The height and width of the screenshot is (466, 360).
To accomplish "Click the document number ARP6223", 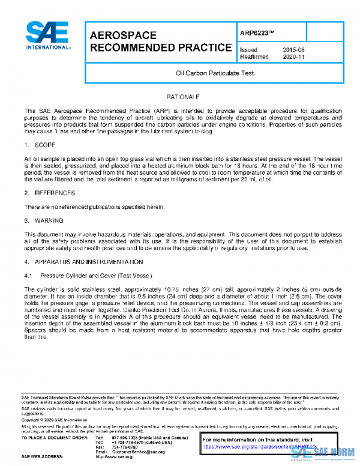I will pos(259,33).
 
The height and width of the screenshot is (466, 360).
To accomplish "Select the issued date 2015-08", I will pos(293,50).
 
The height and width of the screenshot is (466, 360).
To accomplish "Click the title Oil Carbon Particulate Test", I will pos(210,73).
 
